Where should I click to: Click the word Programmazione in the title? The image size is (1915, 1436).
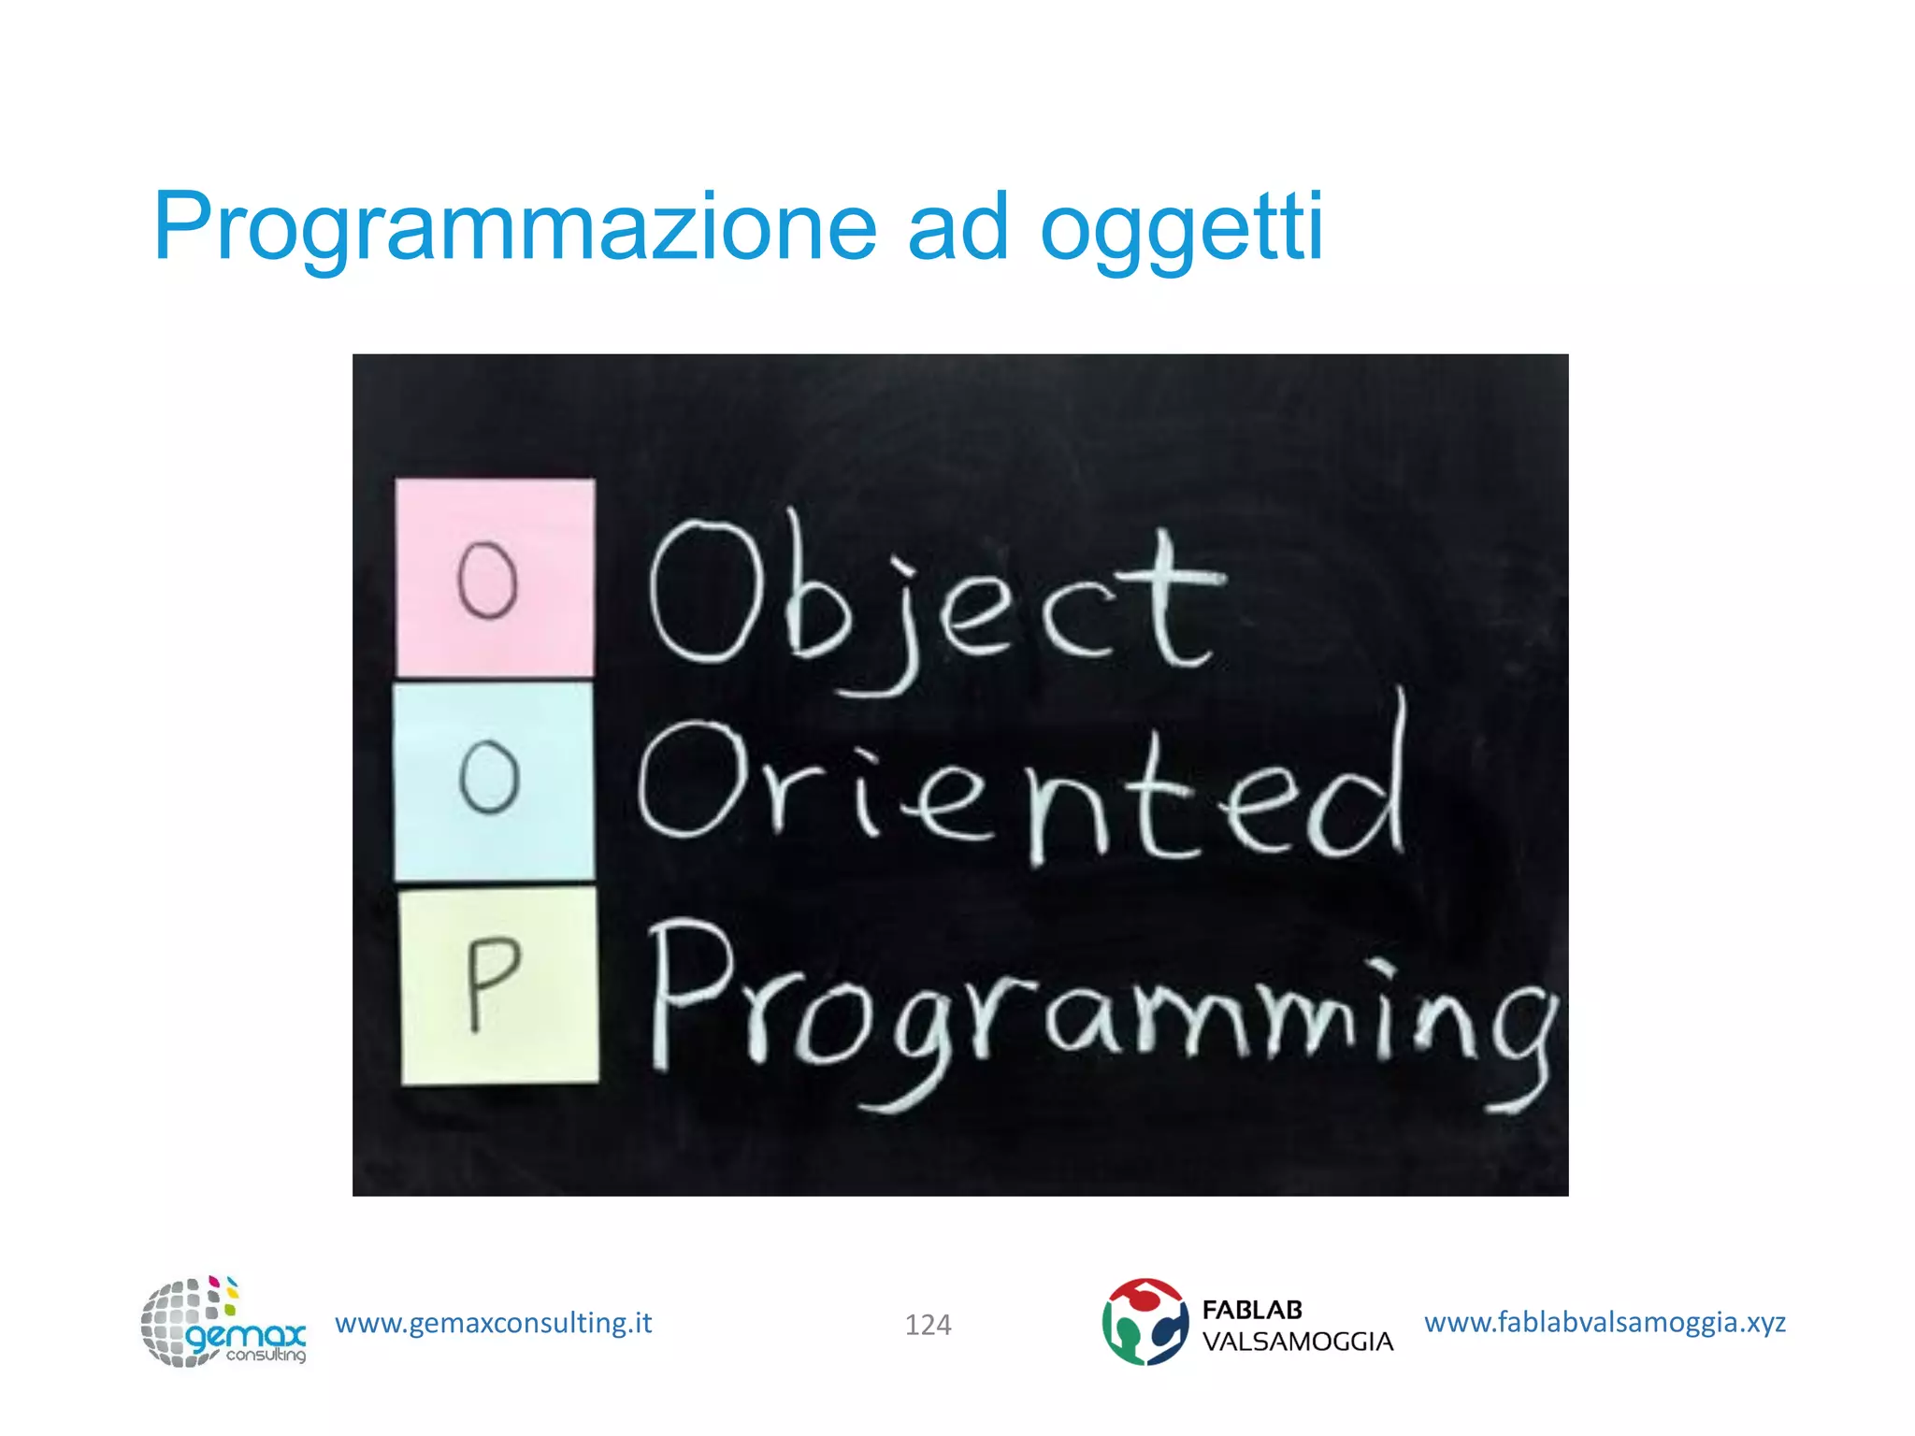(514, 227)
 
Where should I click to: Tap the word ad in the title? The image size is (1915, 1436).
(957, 227)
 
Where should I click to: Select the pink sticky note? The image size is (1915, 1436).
(495, 577)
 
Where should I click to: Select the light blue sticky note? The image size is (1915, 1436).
(493, 781)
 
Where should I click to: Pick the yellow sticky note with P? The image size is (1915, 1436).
(499, 985)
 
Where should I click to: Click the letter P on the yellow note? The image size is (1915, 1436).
(491, 982)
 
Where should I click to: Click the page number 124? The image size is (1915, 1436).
(928, 1325)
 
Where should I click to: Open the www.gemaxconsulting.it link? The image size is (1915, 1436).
(493, 1323)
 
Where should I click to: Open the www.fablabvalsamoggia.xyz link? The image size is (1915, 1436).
(1605, 1322)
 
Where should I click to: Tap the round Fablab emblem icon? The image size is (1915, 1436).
(1145, 1322)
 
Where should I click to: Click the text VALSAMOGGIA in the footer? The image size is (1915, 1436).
(1297, 1342)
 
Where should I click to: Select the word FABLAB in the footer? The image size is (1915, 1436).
(1252, 1310)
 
